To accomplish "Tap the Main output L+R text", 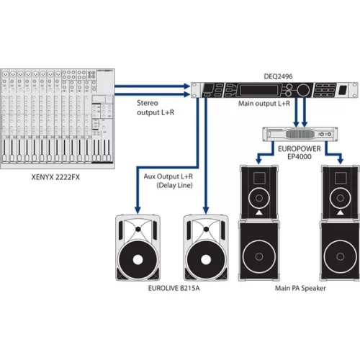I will click(x=264, y=104).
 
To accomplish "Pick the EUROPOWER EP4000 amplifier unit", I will click(x=296, y=133).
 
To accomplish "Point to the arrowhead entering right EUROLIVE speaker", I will click(x=205, y=208).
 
